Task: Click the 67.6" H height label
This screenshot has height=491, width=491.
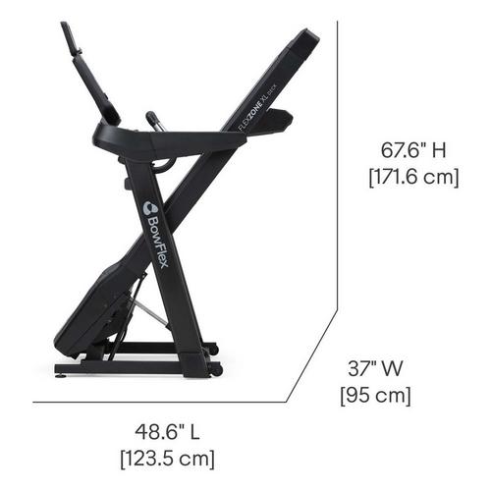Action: coord(413,151)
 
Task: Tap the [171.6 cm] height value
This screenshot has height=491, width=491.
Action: coord(413,178)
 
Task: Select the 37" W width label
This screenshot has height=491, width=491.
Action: coord(375,368)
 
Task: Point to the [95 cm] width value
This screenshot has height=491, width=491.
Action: coord(375,396)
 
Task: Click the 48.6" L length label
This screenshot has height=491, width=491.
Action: coord(167,432)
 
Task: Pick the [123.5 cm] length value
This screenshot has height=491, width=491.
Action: coord(168,459)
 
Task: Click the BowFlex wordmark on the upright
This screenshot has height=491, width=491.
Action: coord(158,245)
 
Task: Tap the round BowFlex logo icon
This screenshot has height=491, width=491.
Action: coord(151,207)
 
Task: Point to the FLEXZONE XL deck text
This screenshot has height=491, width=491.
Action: coord(258,108)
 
